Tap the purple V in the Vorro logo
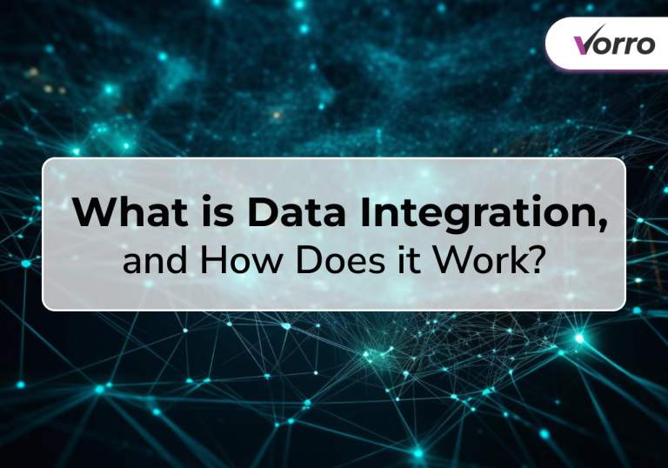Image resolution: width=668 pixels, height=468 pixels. coord(584,43)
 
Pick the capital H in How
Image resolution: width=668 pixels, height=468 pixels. coord(210,260)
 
